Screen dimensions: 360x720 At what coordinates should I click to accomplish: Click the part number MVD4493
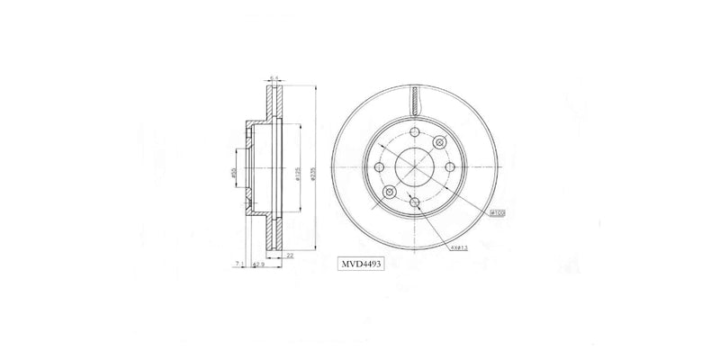(x=362, y=265)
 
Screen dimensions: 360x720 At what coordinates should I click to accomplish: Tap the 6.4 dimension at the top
(x=274, y=77)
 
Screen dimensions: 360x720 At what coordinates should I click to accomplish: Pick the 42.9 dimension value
(x=258, y=265)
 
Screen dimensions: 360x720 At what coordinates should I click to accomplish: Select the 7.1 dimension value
(x=238, y=265)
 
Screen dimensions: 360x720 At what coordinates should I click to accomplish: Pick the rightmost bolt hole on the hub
(x=450, y=168)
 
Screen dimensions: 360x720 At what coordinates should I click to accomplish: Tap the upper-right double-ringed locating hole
(x=439, y=142)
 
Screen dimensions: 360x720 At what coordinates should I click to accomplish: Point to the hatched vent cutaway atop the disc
(x=414, y=99)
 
